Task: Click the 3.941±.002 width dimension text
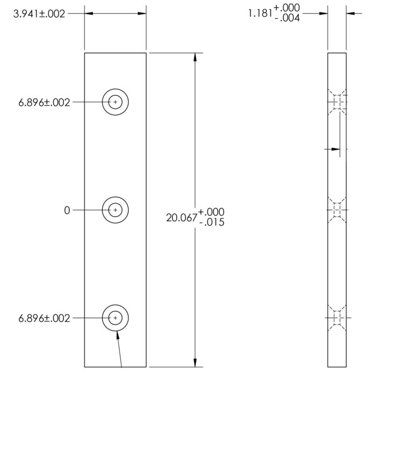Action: [39, 14]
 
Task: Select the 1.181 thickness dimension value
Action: [260, 13]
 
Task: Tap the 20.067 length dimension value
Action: [182, 217]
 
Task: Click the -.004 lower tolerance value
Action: [287, 18]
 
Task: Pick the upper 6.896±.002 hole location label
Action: [44, 102]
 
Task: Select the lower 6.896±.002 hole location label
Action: [44, 319]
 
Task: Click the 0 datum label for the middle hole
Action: [67, 210]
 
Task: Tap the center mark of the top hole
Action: [115, 102]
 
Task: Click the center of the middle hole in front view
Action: [115, 210]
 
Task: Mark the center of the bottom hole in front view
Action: [115, 319]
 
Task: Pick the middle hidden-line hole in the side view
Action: [337, 210]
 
